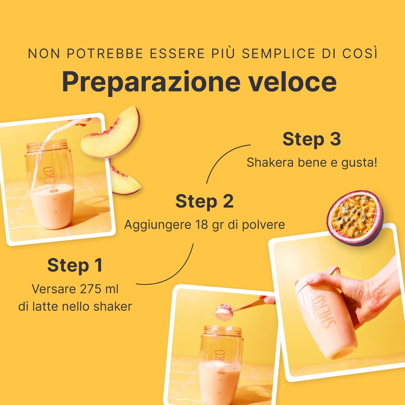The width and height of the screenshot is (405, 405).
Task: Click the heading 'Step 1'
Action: (75, 265)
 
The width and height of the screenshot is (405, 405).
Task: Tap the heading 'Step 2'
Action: (204, 201)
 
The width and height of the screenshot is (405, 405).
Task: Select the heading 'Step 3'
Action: (311, 139)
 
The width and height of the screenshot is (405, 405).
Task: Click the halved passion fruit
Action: (355, 218)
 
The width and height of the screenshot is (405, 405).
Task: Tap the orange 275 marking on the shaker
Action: (54, 191)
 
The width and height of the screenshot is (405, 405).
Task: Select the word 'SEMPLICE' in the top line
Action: (278, 53)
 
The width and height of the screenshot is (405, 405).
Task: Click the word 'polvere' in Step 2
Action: (263, 225)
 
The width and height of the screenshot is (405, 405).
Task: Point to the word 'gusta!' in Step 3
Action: (359, 163)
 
